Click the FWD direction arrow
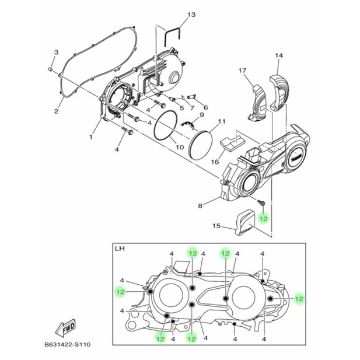[66, 327]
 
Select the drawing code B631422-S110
[68, 344]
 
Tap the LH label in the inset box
[120, 249]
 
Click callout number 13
[191, 15]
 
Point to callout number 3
[56, 52]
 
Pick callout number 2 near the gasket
[56, 111]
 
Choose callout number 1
[91, 137]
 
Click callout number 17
[242, 71]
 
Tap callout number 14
[279, 55]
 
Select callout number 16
[215, 162]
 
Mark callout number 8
[200, 206]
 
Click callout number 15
[216, 226]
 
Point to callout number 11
[222, 121]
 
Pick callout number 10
[180, 147]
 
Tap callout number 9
[202, 114]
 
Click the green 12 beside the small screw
[263, 218]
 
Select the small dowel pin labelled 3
[51, 69]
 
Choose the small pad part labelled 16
[232, 142]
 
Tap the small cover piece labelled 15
[246, 222]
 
